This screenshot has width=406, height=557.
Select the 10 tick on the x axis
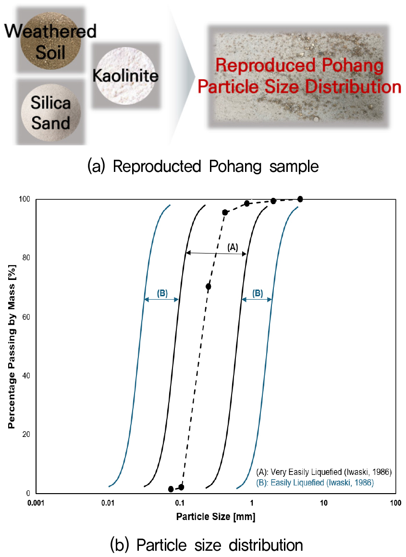[x=323, y=503]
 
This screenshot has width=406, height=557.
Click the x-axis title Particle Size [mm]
[x=215, y=517]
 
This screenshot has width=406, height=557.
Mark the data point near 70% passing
[x=208, y=287]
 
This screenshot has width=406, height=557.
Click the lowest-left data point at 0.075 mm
[x=171, y=489]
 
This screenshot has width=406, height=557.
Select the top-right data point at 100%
[x=300, y=199]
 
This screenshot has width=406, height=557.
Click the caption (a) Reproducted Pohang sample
[x=203, y=167]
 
